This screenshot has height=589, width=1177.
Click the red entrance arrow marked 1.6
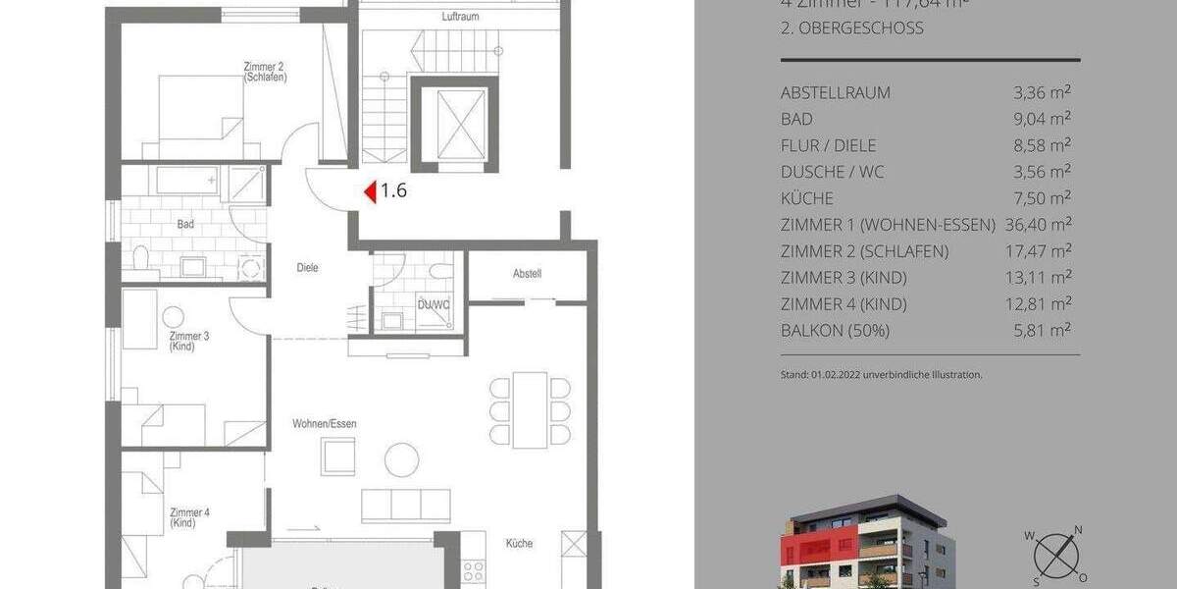[x=371, y=192]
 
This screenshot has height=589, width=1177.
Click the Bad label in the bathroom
[x=185, y=225]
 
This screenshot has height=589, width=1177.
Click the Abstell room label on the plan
[x=527, y=274]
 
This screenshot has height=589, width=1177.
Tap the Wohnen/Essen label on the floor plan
[x=325, y=424]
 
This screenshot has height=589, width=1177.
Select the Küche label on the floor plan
[x=520, y=543]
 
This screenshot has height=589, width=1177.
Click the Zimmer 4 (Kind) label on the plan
[x=189, y=517]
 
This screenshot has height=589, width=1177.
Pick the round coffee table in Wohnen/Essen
[x=402, y=458]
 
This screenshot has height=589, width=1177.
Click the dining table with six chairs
[x=531, y=408]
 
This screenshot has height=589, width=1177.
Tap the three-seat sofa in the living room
[x=406, y=505]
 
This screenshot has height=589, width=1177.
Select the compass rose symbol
[x=1055, y=554]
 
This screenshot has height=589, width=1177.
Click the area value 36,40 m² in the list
[x=1038, y=225]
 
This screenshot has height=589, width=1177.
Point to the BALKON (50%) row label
[x=835, y=331]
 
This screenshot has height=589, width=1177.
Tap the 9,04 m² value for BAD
[x=1042, y=119]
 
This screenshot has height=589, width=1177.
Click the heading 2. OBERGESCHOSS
[x=851, y=28]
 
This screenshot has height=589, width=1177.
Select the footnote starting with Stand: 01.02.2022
[x=881, y=374]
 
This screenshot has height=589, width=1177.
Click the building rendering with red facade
[x=863, y=546]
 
